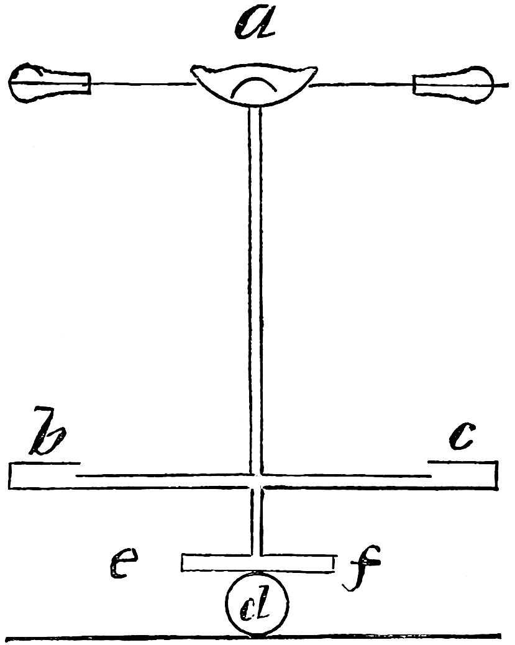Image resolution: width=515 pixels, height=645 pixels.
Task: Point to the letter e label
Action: pyautogui.click(x=124, y=563)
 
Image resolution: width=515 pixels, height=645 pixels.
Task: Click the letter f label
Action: pyautogui.click(x=362, y=568)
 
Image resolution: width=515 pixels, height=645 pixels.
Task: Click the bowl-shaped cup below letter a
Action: pyautogui.click(x=254, y=85)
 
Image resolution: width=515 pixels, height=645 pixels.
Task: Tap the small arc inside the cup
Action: pyautogui.click(x=254, y=85)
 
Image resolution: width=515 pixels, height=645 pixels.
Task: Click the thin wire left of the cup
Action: pyautogui.click(x=142, y=83)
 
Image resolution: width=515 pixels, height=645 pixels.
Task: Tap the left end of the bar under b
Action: pyautogui.click(x=9, y=475)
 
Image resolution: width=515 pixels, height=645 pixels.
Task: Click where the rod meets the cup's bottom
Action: pyautogui.click(x=254, y=107)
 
